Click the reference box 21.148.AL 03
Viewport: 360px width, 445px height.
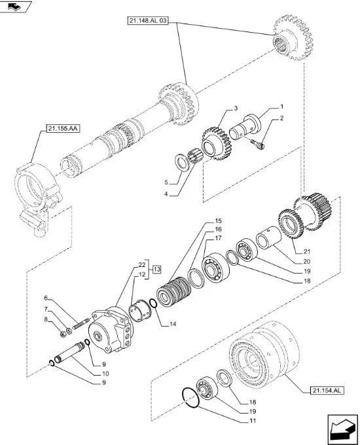click(x=147, y=21)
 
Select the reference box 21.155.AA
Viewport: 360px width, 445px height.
click(x=62, y=128)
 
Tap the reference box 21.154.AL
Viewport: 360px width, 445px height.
click(x=327, y=391)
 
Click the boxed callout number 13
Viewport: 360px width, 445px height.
click(x=157, y=269)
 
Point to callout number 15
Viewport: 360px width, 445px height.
click(x=218, y=221)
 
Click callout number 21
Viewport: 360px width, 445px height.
click(x=307, y=251)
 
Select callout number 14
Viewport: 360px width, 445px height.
click(x=173, y=324)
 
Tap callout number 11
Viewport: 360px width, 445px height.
click(x=253, y=421)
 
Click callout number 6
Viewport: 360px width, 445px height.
click(x=46, y=298)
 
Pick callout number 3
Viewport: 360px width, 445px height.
click(x=236, y=108)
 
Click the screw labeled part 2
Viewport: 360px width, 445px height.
click(x=258, y=144)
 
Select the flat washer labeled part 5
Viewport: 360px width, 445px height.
click(x=182, y=162)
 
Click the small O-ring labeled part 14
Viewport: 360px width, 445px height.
click(x=153, y=303)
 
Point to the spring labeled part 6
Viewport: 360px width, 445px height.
click(x=81, y=324)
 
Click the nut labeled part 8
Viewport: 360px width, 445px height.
click(x=63, y=334)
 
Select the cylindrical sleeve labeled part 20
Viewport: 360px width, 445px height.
click(x=268, y=238)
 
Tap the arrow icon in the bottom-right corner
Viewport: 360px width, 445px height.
click(x=342, y=429)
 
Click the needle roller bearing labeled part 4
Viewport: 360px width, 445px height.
click(x=194, y=155)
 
